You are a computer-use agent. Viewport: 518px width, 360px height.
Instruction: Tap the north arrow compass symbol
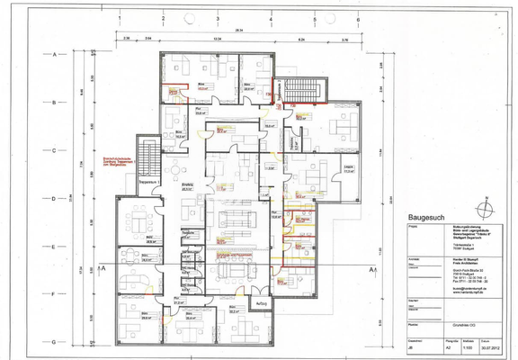pos(487,206)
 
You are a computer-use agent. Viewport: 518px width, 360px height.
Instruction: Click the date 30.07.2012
pos(490,353)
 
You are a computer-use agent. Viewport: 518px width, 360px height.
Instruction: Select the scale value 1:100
pos(468,353)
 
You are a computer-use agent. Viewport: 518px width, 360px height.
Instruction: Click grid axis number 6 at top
pos(358,18)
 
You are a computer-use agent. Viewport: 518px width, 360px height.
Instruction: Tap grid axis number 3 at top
pos(218,18)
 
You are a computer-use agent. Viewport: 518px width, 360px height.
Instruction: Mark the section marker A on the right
pos(371,269)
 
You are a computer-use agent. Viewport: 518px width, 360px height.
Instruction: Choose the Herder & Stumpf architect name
pos(424,259)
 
